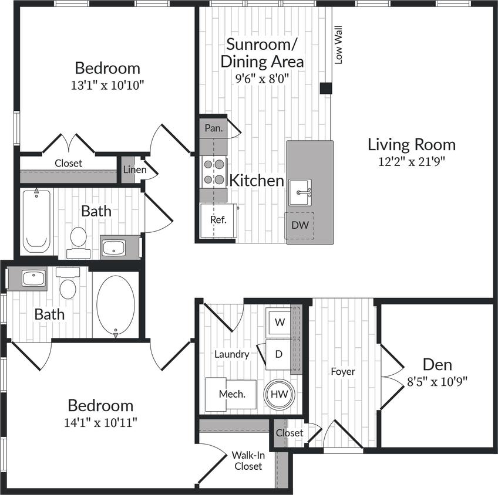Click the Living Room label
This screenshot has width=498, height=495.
point(411,144)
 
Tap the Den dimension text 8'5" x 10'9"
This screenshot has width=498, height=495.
point(437,381)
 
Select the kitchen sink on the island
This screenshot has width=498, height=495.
point(300,192)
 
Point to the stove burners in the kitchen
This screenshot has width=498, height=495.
point(214,172)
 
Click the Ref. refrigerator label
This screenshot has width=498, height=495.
point(218,220)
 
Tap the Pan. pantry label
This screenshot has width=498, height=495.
point(213,128)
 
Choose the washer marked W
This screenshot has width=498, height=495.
point(280,322)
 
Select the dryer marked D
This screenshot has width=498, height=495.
point(279,354)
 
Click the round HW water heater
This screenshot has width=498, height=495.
point(279,394)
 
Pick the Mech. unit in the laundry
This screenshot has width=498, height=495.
point(230,394)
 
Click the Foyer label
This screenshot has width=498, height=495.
point(343,371)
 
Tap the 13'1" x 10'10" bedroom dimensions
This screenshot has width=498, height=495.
point(107,85)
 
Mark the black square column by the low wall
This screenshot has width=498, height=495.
point(326,88)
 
